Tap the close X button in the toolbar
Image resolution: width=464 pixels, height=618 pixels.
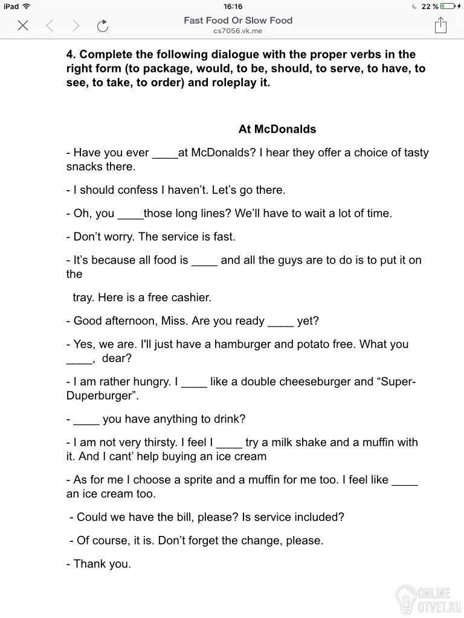click(x=23, y=25)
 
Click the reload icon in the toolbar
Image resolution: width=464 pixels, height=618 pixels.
click(x=103, y=25)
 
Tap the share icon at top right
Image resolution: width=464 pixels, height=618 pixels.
click(x=440, y=25)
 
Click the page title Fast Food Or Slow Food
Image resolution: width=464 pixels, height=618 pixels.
click(x=237, y=20)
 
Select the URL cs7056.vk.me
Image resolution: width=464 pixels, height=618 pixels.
click(x=237, y=30)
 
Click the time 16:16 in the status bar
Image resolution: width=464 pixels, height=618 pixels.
click(x=233, y=6)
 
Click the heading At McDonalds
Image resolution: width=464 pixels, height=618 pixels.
click(x=277, y=129)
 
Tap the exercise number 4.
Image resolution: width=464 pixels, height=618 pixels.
click(x=69, y=54)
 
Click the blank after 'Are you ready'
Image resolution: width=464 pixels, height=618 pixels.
click(x=280, y=322)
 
